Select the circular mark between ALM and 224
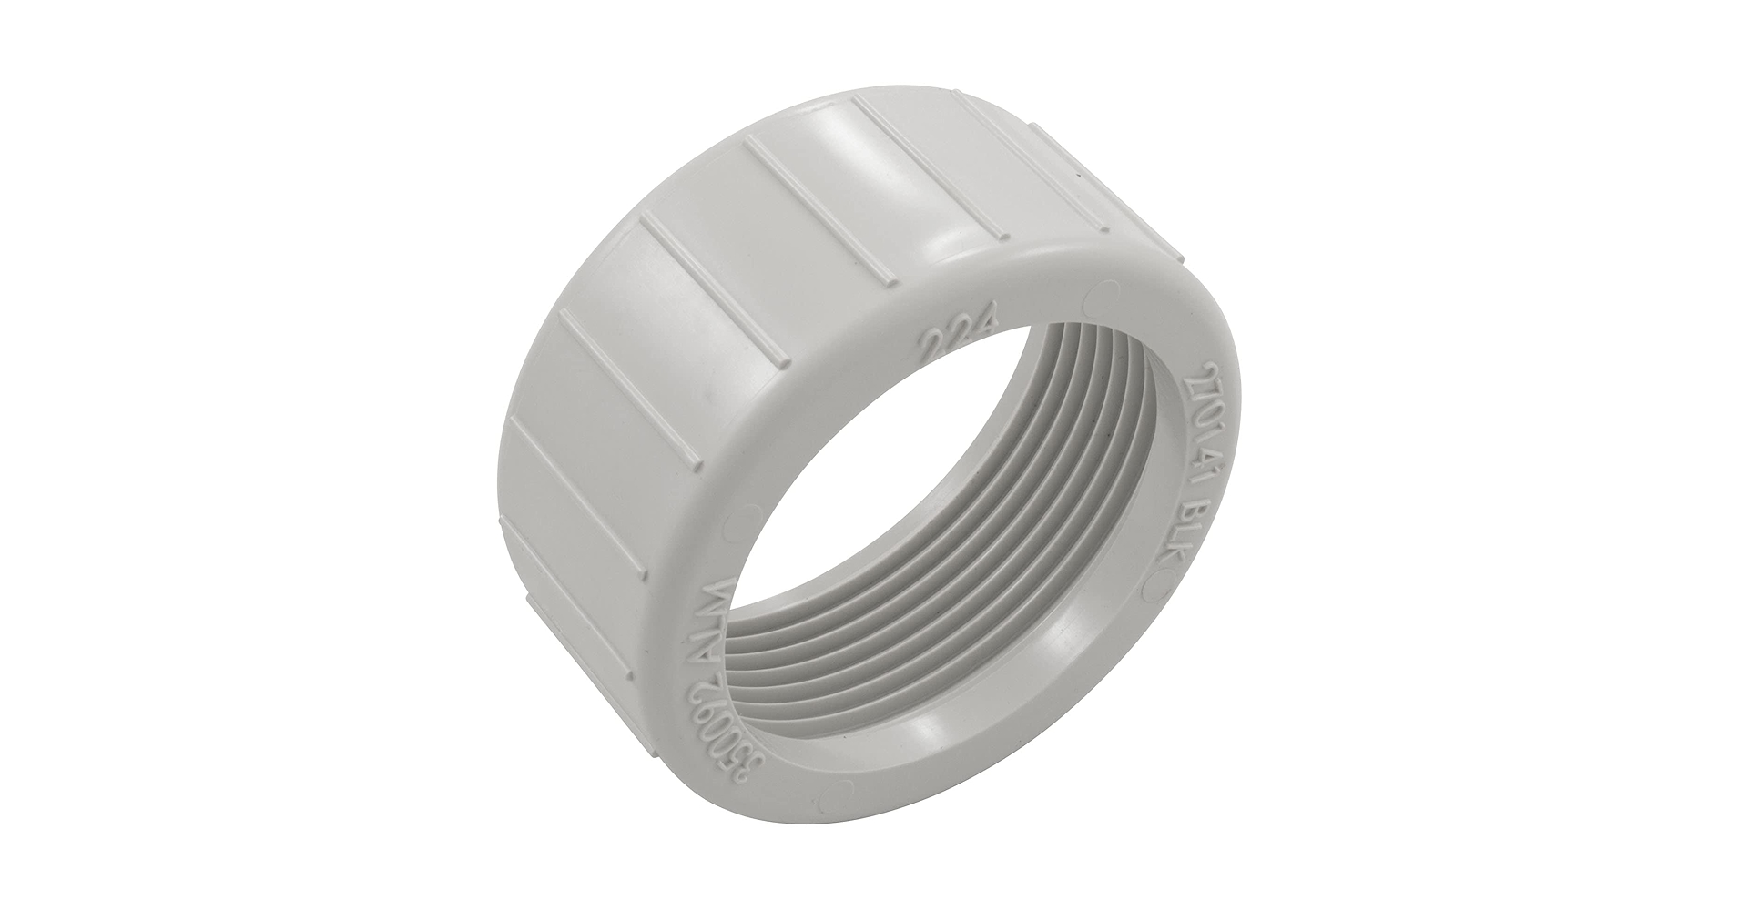click(751, 513)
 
